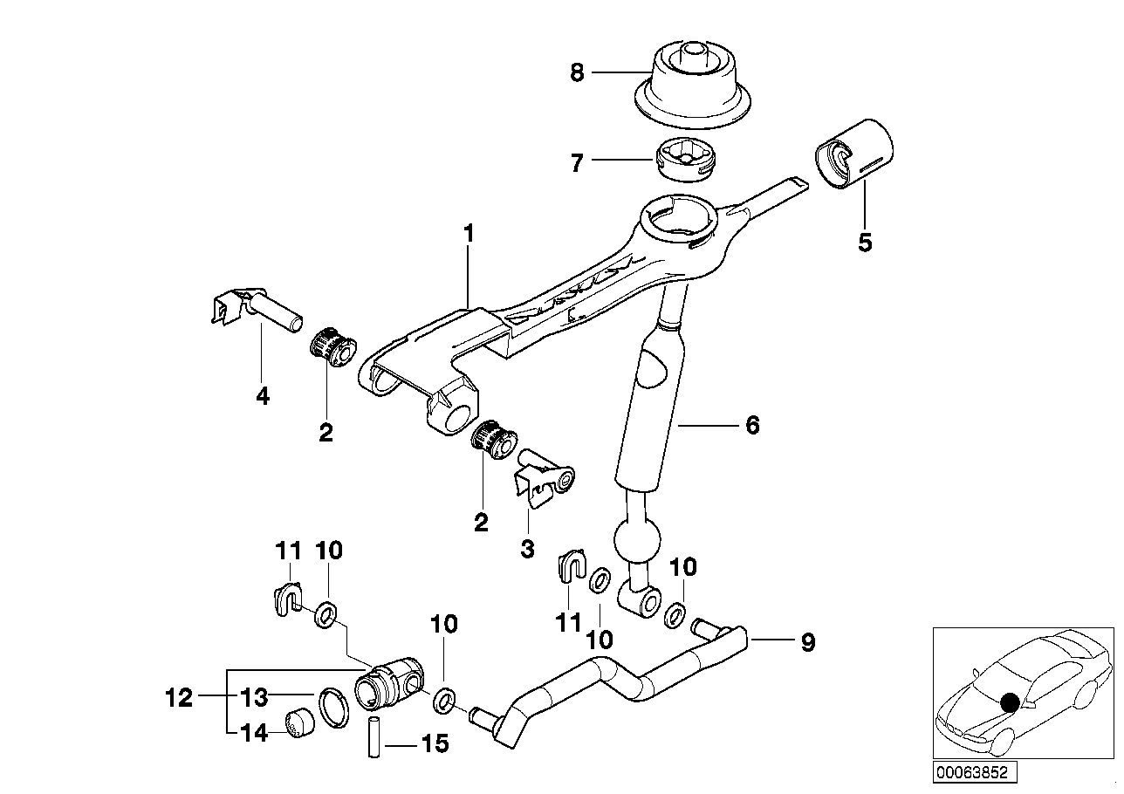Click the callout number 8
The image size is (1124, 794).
click(x=577, y=73)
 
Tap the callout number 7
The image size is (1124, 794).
click(x=577, y=162)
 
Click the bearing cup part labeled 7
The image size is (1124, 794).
click(x=683, y=159)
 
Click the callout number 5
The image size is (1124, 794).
click(x=864, y=242)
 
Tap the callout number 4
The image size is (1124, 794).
click(x=263, y=396)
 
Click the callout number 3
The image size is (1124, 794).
click(x=526, y=549)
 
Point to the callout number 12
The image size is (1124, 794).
click(x=179, y=698)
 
